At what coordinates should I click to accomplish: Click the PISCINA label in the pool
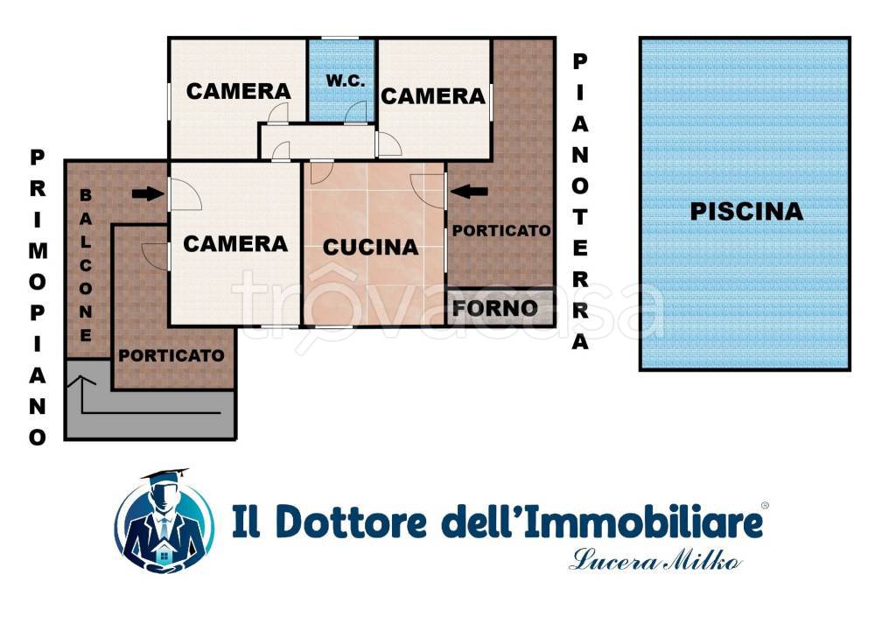point(745,211)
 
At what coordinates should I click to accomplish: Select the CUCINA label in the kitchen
point(370,248)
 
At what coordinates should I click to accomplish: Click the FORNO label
point(494,308)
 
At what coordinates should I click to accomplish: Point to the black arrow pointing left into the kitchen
point(469,190)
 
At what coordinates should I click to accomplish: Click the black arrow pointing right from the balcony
point(147,193)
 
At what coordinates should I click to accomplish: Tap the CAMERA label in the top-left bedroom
point(238,91)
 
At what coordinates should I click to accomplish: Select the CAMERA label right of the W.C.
point(432,96)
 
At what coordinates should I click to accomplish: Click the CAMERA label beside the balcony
point(234,243)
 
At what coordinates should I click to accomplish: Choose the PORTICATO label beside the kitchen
point(501,231)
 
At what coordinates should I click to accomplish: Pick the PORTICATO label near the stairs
point(171,356)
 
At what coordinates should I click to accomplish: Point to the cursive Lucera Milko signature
point(655,560)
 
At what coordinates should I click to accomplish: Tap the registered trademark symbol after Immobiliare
point(765,506)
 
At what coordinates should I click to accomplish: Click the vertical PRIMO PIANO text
point(38,297)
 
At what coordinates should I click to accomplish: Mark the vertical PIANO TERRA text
point(580,201)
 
